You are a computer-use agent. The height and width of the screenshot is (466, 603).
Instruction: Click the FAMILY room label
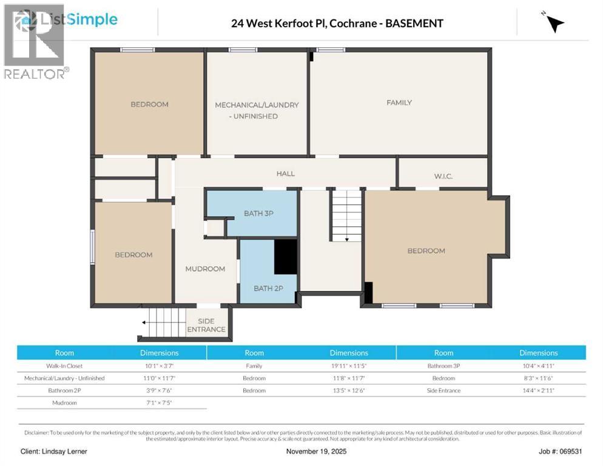399,103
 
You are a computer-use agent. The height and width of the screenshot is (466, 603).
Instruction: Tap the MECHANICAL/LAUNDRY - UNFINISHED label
257,110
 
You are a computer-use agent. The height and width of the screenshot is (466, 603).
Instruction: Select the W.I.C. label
443,176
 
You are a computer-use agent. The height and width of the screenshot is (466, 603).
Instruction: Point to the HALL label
285,174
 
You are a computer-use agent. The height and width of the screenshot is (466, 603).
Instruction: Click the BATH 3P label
258,213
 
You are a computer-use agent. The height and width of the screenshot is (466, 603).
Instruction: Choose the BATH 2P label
268,288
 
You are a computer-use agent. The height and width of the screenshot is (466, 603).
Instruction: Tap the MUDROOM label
205,269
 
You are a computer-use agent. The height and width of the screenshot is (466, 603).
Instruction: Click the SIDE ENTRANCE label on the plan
206,325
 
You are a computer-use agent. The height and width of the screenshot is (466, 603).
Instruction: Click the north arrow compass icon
553,22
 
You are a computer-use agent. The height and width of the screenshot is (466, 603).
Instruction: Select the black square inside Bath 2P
285,257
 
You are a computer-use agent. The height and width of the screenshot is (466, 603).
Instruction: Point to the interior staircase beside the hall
346,215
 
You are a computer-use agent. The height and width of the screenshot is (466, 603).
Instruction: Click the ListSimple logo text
78,19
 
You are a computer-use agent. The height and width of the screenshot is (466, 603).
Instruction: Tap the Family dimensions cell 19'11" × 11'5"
349,366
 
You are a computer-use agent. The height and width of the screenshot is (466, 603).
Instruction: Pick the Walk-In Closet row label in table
65,366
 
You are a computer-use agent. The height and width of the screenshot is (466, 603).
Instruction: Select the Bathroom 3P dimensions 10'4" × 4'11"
538,366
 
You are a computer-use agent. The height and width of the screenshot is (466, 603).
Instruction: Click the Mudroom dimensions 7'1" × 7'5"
160,402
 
